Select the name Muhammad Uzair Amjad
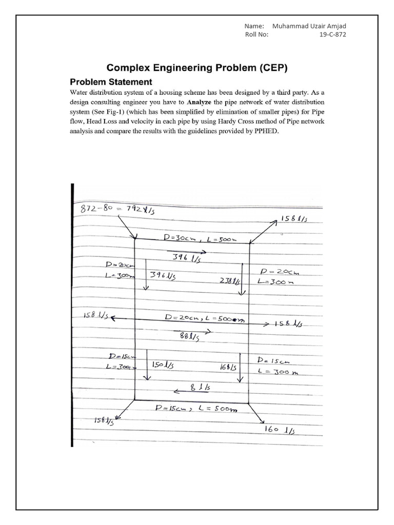313,26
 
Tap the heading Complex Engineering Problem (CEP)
197,68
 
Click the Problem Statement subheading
110,82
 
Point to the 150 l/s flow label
163,365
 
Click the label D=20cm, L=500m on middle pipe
204,318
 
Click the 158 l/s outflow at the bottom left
103,421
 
